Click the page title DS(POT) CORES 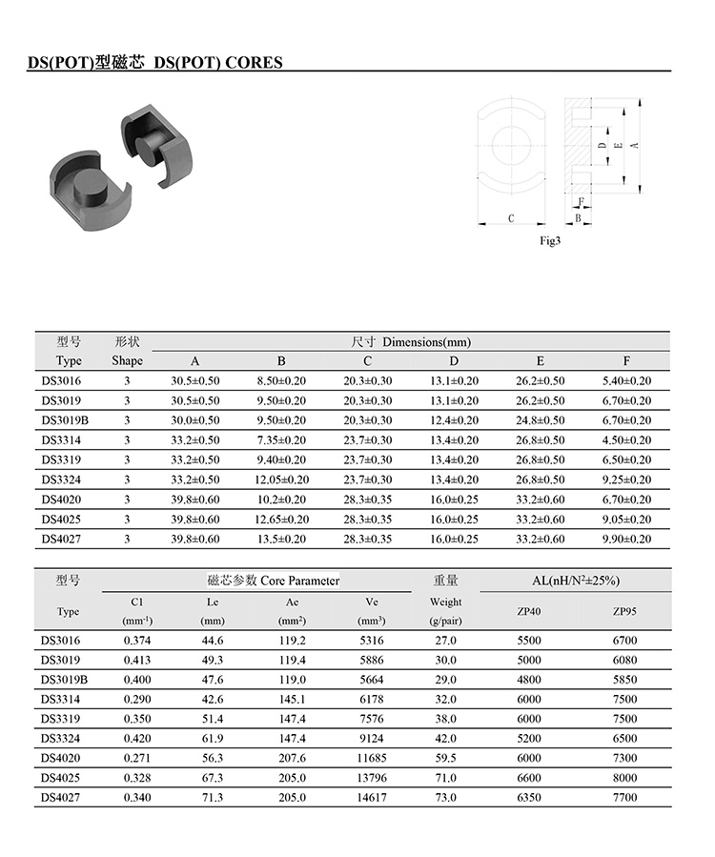(x=153, y=63)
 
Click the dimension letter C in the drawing (x=511, y=218)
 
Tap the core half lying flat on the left (x=83, y=186)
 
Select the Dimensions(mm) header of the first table (x=411, y=341)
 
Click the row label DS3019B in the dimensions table (x=65, y=420)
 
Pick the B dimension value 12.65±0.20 (x=281, y=520)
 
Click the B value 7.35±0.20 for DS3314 (x=281, y=440)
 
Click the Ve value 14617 (x=374, y=797)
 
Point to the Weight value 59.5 (x=445, y=758)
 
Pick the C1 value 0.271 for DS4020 (x=138, y=758)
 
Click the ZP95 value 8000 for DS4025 (x=625, y=778)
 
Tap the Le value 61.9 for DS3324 (x=213, y=738)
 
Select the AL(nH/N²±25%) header (x=574, y=580)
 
